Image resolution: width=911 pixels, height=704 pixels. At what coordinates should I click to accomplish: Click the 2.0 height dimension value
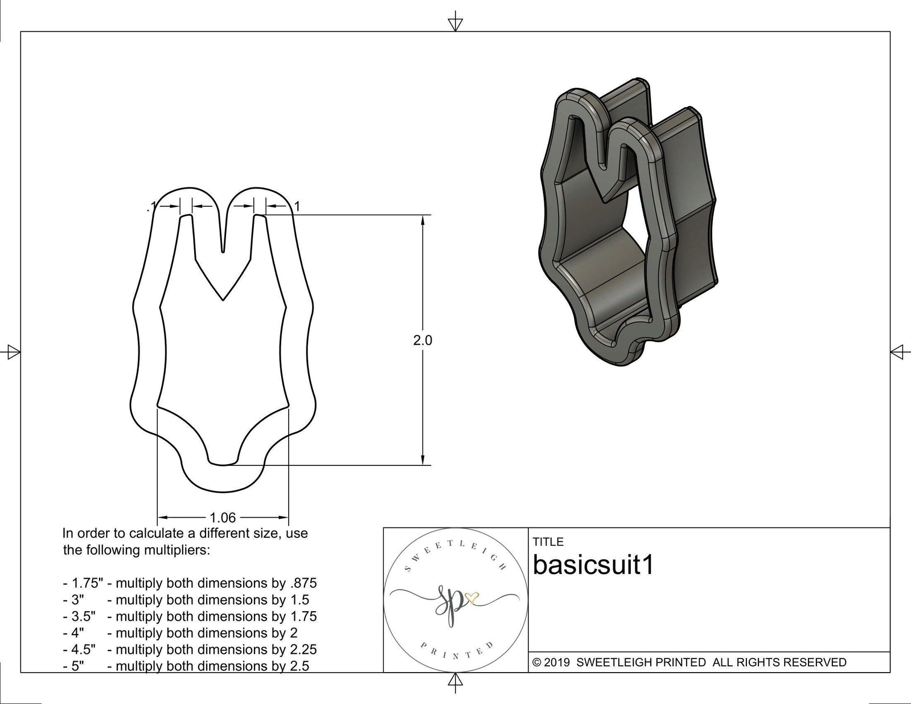[x=422, y=340]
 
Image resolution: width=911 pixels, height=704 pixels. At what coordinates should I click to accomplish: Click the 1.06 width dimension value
[x=223, y=517]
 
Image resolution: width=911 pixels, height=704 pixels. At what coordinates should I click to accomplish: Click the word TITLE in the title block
[x=548, y=542]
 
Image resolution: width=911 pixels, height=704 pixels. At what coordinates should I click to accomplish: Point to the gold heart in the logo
[x=472, y=597]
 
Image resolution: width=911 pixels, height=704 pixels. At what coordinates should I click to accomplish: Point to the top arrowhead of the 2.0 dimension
[x=422, y=220]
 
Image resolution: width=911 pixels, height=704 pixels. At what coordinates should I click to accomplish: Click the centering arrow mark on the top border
[x=455, y=24]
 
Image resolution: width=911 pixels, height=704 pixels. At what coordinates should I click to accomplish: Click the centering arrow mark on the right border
[x=897, y=352]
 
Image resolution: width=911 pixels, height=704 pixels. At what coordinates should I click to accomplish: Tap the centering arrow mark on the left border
[x=13, y=352]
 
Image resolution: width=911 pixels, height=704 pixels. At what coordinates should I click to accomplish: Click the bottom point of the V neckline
[x=223, y=299]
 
